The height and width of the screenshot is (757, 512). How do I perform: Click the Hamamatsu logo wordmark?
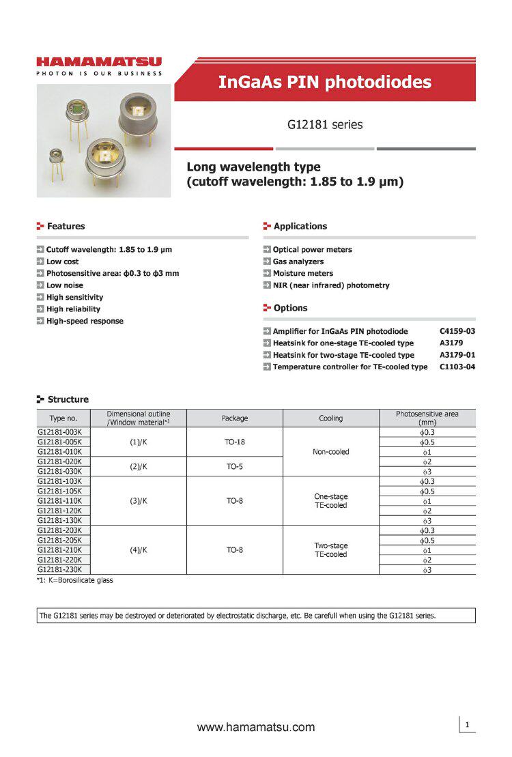click(100, 62)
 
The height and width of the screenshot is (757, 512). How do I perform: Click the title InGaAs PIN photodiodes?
click(324, 83)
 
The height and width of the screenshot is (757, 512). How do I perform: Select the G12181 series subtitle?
click(324, 125)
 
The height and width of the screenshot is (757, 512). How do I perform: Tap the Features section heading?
click(66, 226)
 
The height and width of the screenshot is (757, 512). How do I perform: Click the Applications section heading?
click(300, 226)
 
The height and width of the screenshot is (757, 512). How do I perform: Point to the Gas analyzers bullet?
click(298, 261)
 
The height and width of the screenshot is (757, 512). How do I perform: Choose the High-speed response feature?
click(85, 321)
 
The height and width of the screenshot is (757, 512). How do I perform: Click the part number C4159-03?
click(457, 331)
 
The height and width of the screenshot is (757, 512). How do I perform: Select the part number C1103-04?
click(457, 367)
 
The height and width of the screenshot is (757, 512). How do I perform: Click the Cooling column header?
click(330, 418)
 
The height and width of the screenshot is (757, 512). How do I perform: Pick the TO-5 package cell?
click(234, 466)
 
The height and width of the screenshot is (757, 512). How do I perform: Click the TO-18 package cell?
click(234, 442)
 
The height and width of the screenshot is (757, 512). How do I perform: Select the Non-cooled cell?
click(330, 452)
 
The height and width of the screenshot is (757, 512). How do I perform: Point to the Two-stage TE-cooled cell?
click(330, 549)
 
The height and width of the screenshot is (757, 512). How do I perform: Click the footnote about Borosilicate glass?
click(75, 580)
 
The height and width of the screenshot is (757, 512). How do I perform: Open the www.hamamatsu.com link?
click(256, 727)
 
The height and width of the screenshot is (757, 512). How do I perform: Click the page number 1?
click(467, 724)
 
